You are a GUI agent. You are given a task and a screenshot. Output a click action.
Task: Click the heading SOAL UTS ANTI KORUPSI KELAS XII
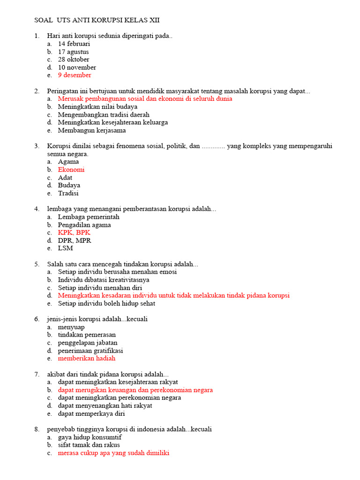pyautogui.click(x=100, y=20)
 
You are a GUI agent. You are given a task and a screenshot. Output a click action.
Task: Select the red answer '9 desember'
pyautogui.click(x=75, y=75)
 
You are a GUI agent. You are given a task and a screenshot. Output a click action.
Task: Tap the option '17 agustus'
pyautogui.click(x=73, y=52)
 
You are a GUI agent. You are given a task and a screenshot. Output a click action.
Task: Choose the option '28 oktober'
pyautogui.click(x=74, y=60)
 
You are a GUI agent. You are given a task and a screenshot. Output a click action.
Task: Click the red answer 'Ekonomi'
pyautogui.click(x=71, y=170)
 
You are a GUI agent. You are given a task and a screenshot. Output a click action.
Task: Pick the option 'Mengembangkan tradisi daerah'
pyautogui.click(x=104, y=114)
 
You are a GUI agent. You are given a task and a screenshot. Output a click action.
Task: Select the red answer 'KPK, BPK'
pyautogui.click(x=74, y=232)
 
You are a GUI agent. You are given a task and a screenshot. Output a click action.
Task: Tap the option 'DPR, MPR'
pyautogui.click(x=75, y=240)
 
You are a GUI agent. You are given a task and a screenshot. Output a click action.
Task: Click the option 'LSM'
pyautogui.click(x=66, y=248)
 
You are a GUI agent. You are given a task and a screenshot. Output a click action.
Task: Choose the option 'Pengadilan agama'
pyautogui.click(x=84, y=225)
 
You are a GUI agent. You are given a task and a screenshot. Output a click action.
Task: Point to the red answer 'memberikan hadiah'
pyautogui.click(x=86, y=358)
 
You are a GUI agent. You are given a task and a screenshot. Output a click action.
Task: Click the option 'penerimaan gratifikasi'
pyautogui.click(x=90, y=351)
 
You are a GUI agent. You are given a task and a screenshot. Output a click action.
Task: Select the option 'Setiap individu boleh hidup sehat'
pyautogui.click(x=106, y=303)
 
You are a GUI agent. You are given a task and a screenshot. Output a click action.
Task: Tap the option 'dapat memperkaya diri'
pyautogui.click(x=91, y=413)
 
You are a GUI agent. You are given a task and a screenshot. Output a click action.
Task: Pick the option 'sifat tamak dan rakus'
pyautogui.click(x=89, y=445)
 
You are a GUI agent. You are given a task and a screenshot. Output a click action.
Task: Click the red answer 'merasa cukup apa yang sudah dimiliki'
pyautogui.click(x=113, y=453)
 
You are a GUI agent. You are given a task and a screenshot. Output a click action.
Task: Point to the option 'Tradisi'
pyautogui.click(x=68, y=193)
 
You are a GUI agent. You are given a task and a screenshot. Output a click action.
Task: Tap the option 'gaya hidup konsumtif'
pyautogui.click(x=90, y=437)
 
